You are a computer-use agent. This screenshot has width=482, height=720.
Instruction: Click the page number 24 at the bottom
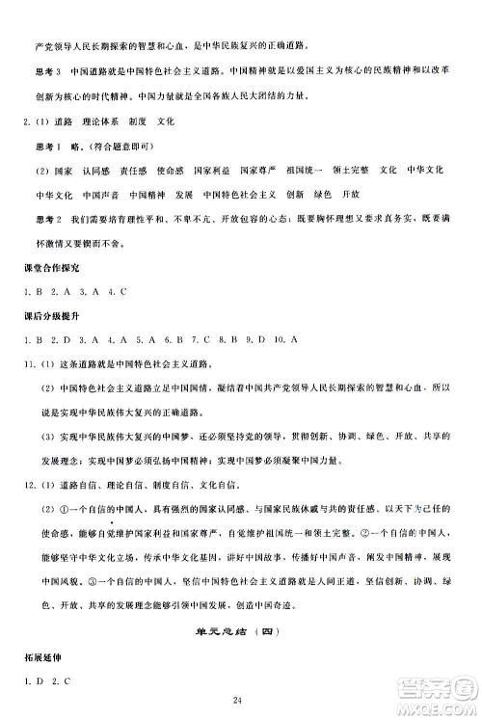point(241,700)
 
